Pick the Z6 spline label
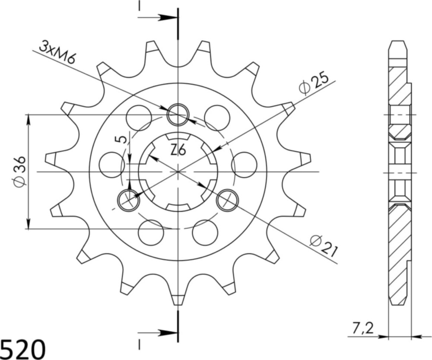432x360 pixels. pos(178,150)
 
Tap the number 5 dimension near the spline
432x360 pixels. pos(122,139)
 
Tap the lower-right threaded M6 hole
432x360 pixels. pos(227,200)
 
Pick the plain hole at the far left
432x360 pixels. pos(111,165)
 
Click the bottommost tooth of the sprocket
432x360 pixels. pos(178,299)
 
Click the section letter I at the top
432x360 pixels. pos(140,6)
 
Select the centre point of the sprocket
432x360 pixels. pos(178,172)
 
